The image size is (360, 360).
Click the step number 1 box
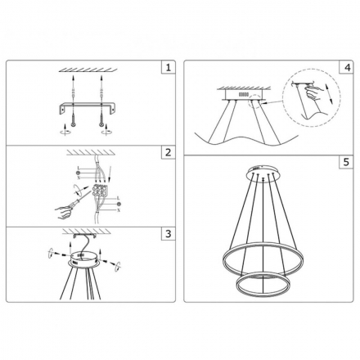(168, 68)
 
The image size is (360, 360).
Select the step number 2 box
(168, 152)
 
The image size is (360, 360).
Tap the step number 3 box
(168, 234)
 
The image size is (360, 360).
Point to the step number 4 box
(348, 68)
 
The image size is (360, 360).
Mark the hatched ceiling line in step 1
(87, 70)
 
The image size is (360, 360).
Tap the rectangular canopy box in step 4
(246, 97)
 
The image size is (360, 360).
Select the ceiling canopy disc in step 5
(263, 173)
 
